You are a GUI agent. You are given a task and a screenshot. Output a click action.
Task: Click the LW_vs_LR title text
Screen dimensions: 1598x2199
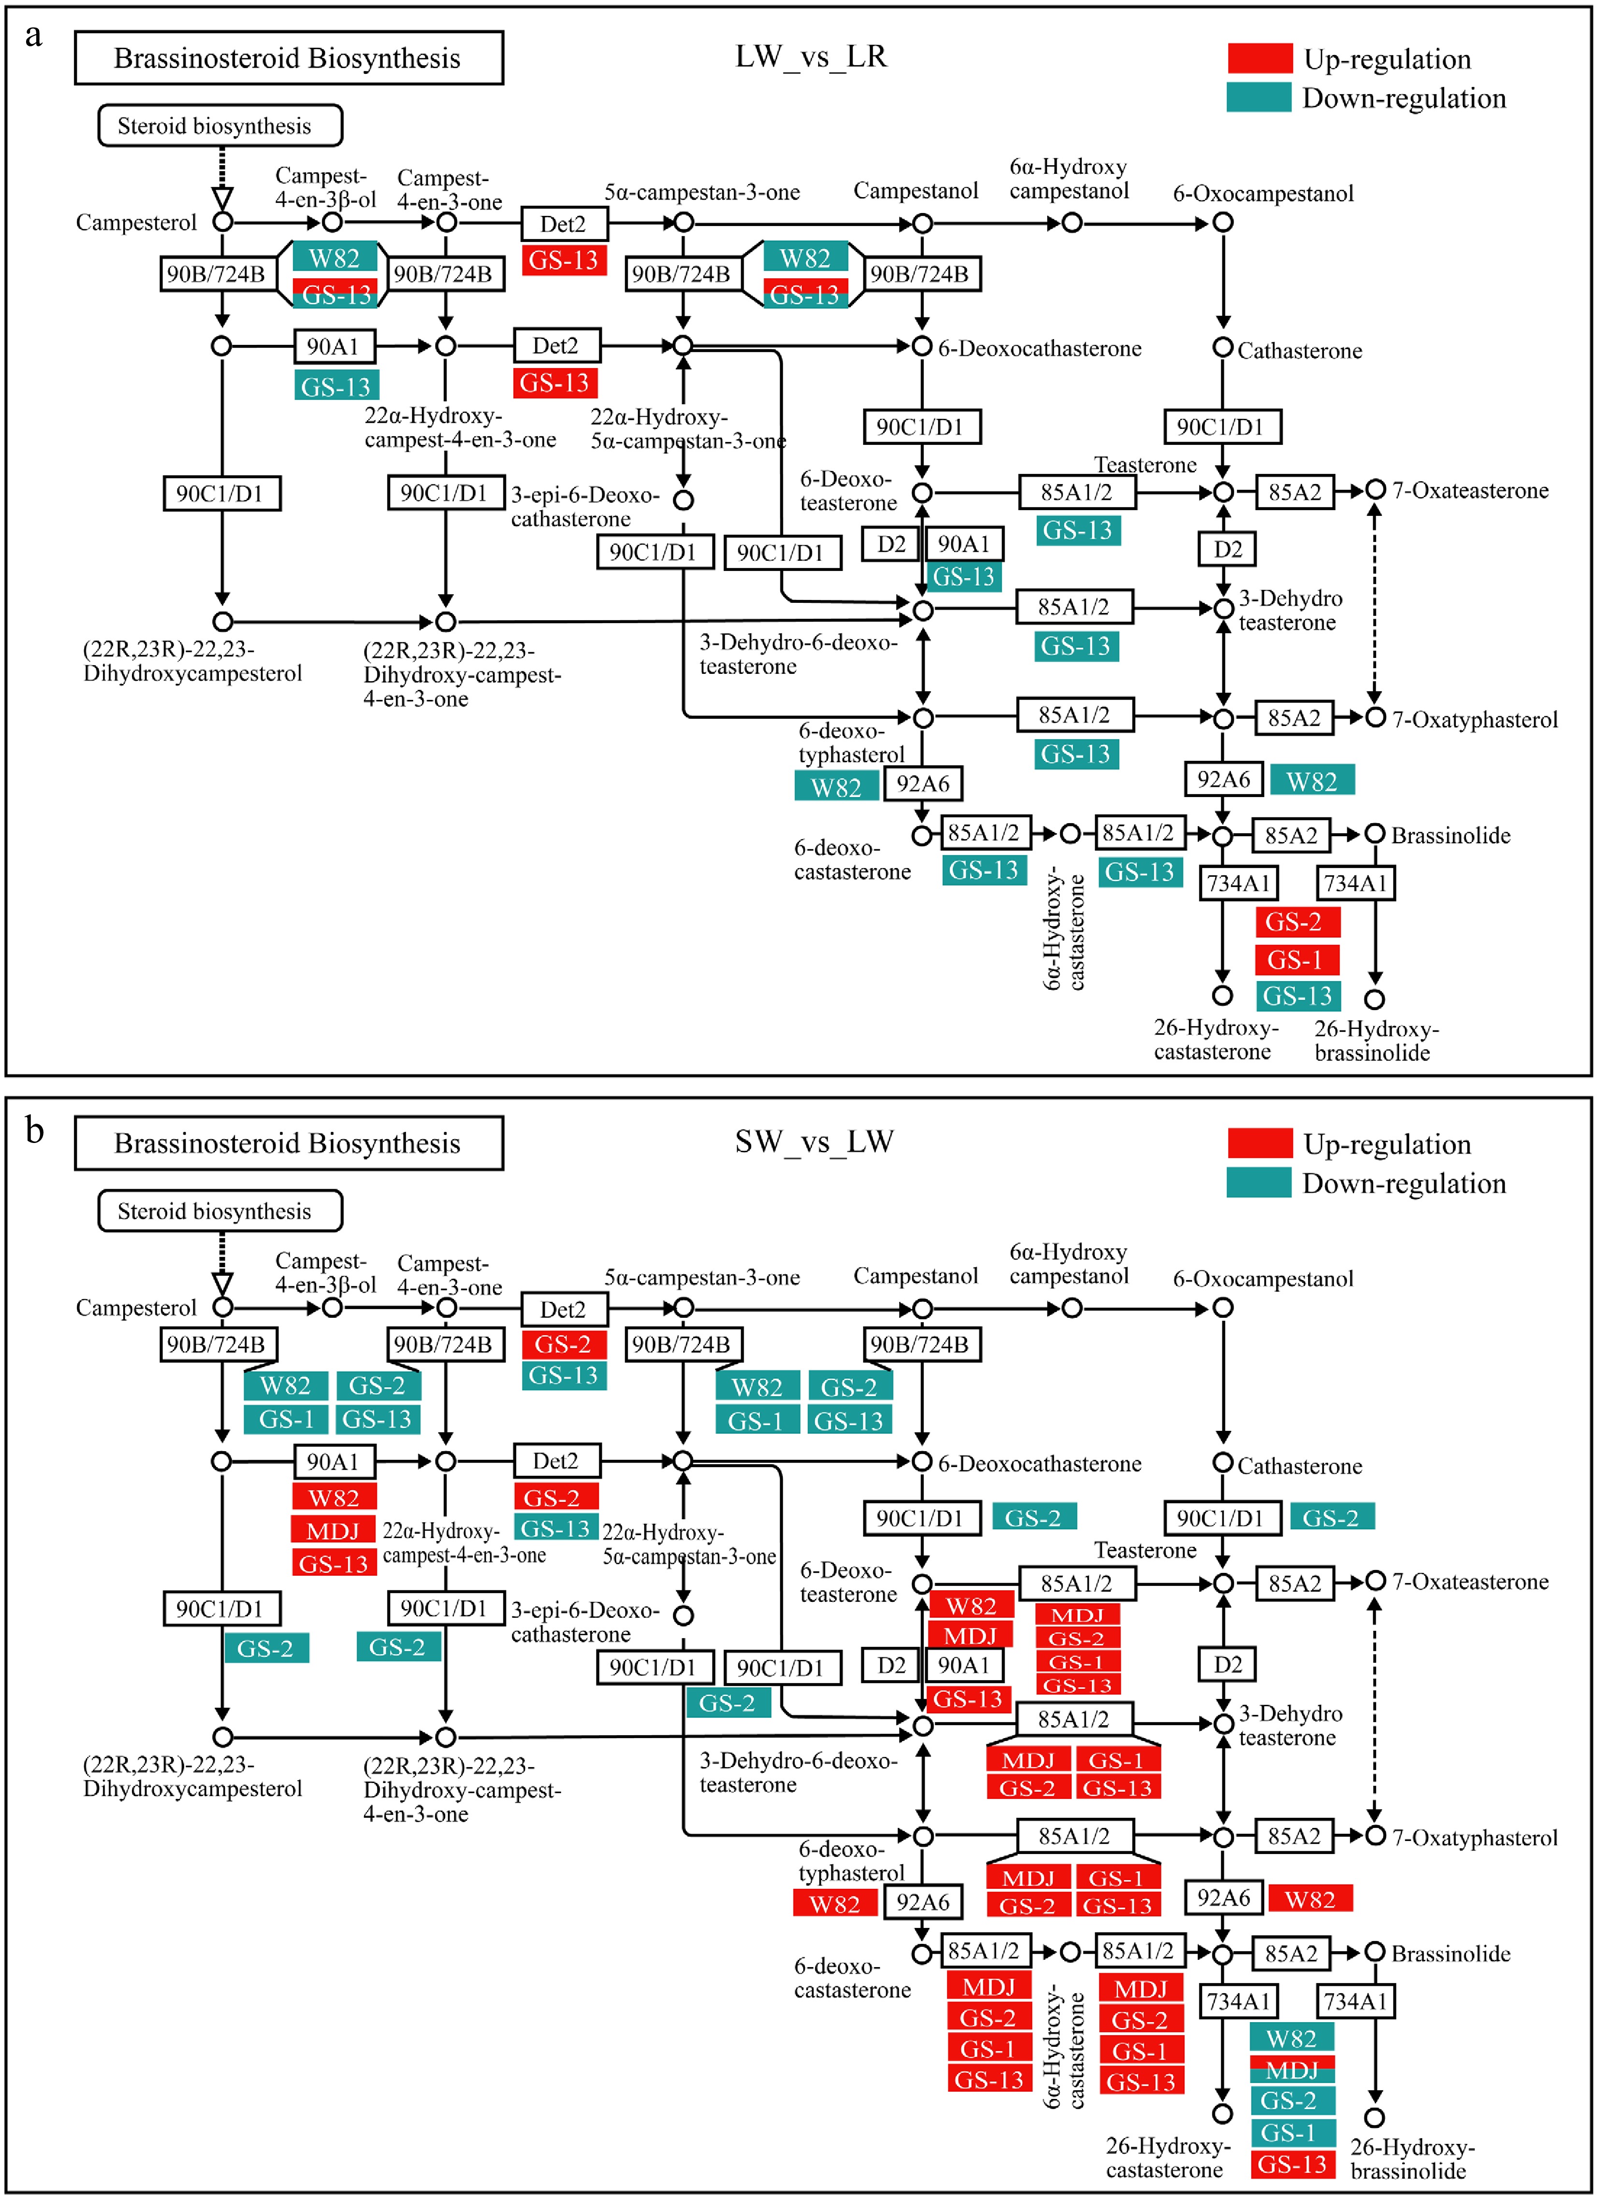point(811,56)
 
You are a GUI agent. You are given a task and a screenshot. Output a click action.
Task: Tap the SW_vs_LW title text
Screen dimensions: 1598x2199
point(814,1141)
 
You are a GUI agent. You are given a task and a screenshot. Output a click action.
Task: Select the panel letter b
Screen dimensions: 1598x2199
point(35,1129)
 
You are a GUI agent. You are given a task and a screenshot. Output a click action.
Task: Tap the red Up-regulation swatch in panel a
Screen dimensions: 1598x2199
point(1260,58)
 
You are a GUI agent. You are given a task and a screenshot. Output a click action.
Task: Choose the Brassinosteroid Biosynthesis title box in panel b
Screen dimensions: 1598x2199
point(289,1143)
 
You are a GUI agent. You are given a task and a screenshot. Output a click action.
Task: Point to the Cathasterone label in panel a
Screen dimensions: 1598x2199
point(1299,351)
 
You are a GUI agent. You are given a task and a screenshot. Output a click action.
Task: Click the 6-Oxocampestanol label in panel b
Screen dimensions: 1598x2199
point(1264,1279)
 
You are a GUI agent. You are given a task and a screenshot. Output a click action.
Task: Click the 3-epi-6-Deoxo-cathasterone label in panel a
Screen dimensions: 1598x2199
point(585,507)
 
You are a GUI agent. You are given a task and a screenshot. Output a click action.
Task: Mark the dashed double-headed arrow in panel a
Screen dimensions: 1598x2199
point(1374,603)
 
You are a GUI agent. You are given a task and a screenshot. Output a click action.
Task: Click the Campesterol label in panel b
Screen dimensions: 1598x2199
point(137,1308)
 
